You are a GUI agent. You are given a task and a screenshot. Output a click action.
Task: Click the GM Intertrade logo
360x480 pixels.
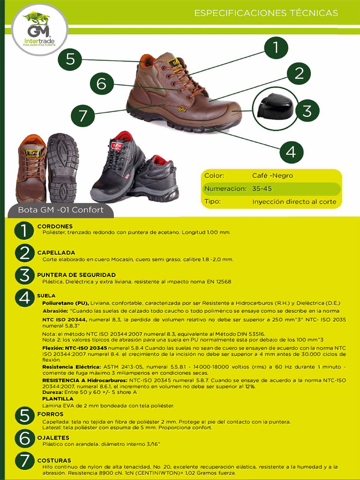(x=39, y=30)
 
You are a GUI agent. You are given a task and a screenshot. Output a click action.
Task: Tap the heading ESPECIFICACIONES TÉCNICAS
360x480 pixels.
(x=266, y=13)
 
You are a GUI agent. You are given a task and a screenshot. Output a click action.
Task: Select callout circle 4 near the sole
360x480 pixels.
(x=291, y=151)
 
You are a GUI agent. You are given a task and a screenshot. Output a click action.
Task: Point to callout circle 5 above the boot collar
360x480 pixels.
(x=70, y=59)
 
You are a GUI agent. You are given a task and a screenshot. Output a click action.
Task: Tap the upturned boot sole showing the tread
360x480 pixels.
(x=63, y=166)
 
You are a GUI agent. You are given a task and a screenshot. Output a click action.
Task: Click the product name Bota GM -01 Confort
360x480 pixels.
(x=60, y=210)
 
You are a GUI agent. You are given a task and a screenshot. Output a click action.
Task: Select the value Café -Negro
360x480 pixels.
(x=272, y=176)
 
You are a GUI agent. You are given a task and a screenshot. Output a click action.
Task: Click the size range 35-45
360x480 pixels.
(x=262, y=189)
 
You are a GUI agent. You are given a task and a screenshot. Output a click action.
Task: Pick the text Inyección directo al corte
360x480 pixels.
(x=294, y=202)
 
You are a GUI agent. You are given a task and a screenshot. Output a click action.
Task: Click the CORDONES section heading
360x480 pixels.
(x=55, y=226)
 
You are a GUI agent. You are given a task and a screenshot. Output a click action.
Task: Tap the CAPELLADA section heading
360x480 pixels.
(x=56, y=253)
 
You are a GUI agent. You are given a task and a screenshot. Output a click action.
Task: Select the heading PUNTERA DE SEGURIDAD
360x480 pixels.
(x=76, y=275)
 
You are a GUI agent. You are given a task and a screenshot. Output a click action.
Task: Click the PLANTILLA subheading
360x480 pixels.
(x=57, y=398)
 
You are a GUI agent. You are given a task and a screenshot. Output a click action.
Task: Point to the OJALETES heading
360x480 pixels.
(x=53, y=438)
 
